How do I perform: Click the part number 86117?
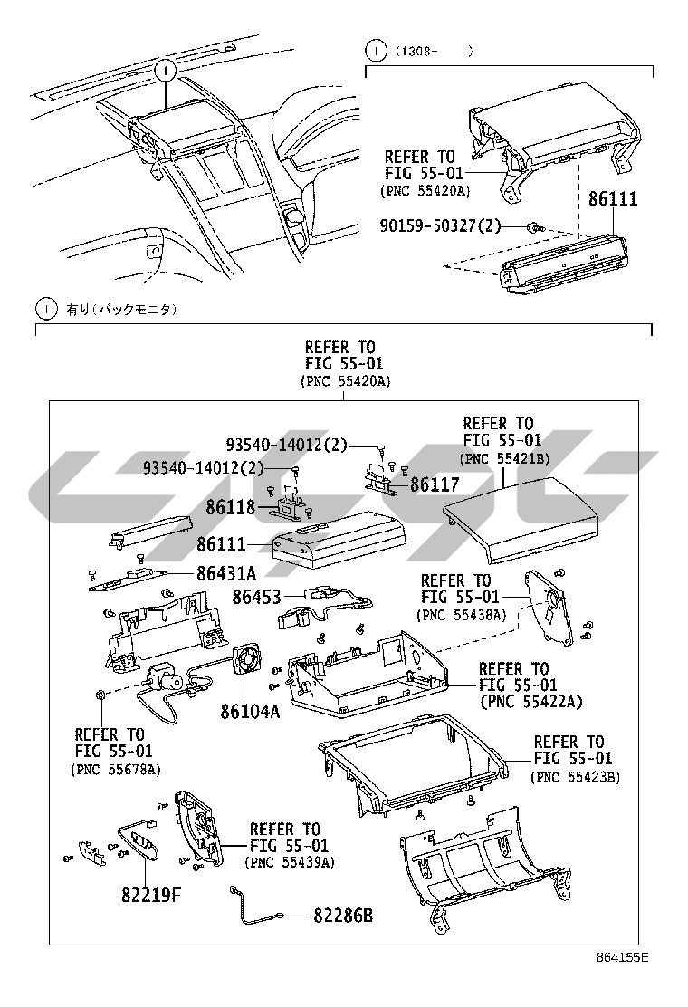[435, 485]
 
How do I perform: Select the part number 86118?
[230, 507]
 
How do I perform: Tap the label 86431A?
[226, 573]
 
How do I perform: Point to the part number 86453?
[256, 597]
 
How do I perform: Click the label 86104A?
[250, 711]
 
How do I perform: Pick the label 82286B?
[343, 916]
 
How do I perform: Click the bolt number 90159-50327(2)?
[440, 225]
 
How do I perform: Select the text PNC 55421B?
[504, 459]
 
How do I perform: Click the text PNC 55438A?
[461, 615]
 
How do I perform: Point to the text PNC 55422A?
[531, 702]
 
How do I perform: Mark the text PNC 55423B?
[575, 776]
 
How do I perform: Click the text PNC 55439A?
[290, 863]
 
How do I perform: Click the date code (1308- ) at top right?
[433, 52]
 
